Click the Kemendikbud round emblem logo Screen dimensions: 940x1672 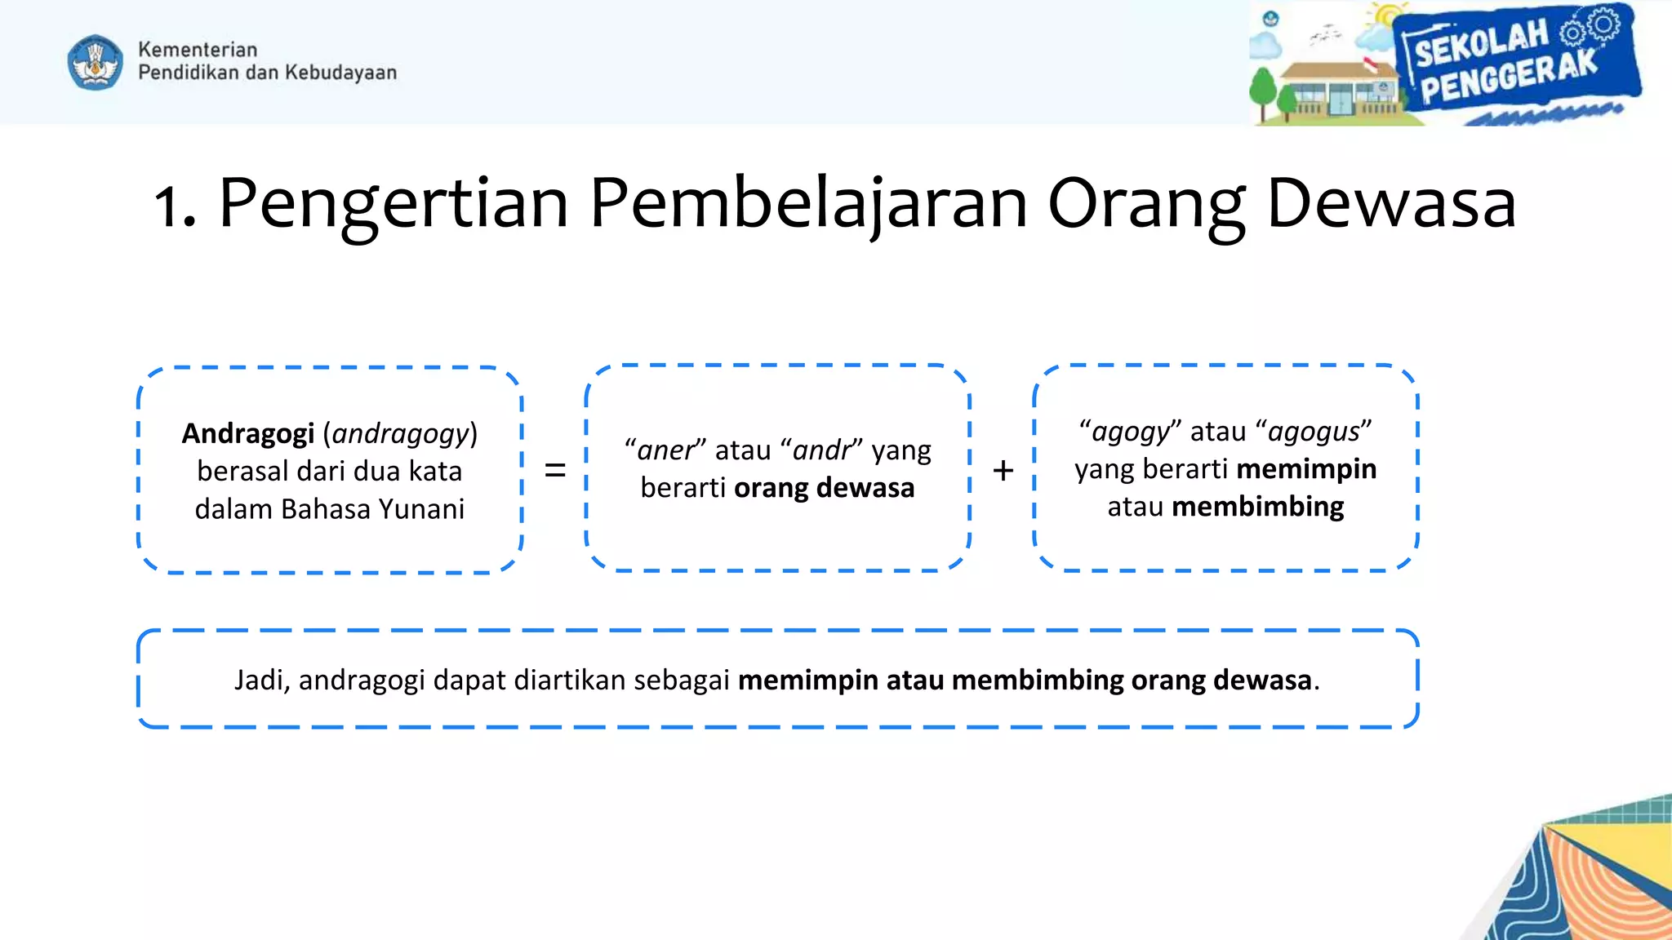(96, 62)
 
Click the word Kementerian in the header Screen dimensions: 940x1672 (198, 50)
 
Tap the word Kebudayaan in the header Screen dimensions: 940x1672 (340, 73)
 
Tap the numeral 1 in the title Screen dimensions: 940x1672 (171, 206)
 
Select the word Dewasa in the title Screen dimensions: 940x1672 (1390, 204)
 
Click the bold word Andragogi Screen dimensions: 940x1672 (247, 433)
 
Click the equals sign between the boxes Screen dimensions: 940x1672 (555, 470)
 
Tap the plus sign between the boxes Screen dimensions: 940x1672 (1003, 470)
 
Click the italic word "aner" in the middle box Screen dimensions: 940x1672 (665, 450)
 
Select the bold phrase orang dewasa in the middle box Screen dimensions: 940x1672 (824, 488)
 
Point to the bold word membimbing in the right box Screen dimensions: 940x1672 (1257, 507)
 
